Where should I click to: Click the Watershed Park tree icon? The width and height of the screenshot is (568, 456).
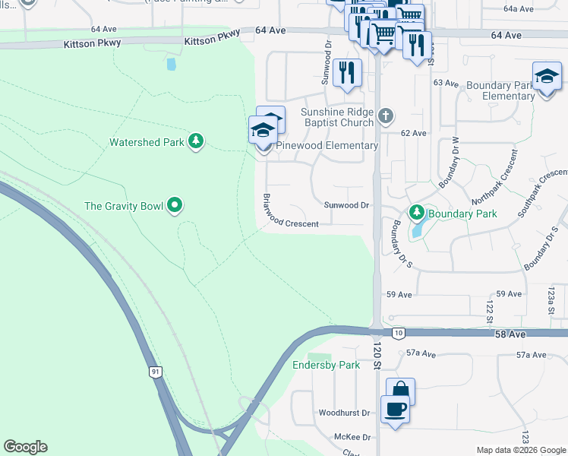[x=196, y=141]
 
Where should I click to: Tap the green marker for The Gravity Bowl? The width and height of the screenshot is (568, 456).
[x=175, y=204]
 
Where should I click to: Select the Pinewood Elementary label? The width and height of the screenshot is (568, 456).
[x=327, y=145]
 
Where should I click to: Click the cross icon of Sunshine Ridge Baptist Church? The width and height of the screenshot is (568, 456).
[x=386, y=116]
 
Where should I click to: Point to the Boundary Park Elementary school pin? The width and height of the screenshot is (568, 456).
[x=547, y=78]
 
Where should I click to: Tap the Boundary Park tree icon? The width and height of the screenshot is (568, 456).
[x=415, y=213]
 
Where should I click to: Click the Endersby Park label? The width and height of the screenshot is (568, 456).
[x=327, y=365]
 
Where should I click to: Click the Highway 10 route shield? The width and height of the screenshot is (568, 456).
[x=397, y=332]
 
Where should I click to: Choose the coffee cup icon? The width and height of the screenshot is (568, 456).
[x=394, y=410]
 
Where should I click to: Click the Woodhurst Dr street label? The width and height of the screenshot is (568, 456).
[x=344, y=413]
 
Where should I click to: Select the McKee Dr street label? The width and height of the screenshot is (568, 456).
[x=352, y=437]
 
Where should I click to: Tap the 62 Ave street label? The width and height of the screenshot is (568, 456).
[x=414, y=133]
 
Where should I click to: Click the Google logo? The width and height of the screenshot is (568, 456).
[x=25, y=447]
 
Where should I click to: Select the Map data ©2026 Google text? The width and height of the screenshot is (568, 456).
[x=522, y=450]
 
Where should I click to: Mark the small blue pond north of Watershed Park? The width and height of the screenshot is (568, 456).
[x=171, y=65]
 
